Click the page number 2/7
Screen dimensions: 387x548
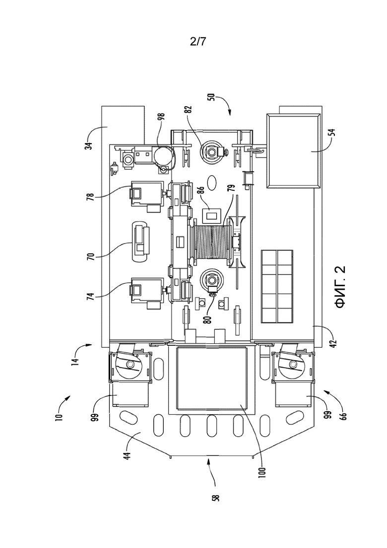[198, 42]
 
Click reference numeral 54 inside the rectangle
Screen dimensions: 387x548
[332, 134]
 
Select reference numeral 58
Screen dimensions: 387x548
[217, 497]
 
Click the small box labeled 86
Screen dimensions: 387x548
[212, 215]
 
